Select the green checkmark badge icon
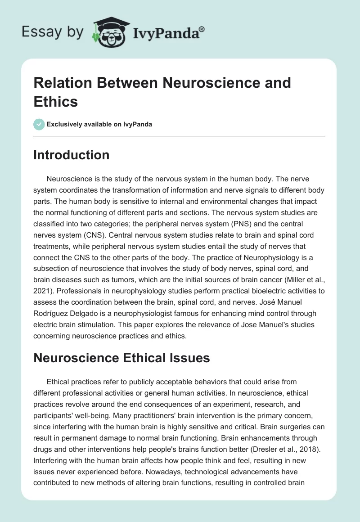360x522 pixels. (39, 124)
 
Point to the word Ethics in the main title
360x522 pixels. (56, 101)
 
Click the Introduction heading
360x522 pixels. (72, 155)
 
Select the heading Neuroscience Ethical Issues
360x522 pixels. (121, 358)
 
